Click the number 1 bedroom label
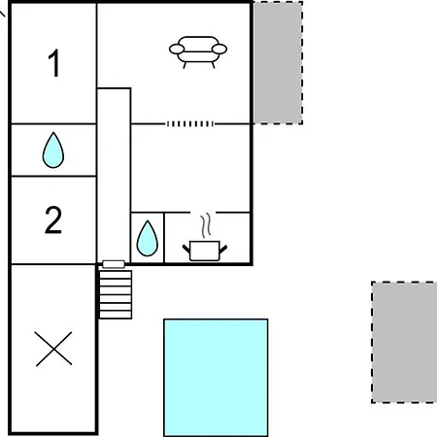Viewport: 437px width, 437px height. (54, 63)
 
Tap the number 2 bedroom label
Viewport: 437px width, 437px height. (53, 219)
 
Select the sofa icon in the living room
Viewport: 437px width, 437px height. (198, 51)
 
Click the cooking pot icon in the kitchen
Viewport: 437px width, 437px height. (205, 251)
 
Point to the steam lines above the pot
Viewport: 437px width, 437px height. (207, 224)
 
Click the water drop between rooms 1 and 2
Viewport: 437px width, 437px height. (53, 150)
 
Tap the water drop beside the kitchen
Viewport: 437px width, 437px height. (148, 238)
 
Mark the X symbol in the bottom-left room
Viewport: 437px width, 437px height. (53, 349)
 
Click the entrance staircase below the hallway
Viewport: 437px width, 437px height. (116, 294)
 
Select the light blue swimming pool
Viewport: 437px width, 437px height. (216, 378)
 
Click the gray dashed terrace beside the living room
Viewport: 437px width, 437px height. (278, 62)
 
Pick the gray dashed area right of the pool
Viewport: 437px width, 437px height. (404, 343)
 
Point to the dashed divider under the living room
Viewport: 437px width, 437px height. (190, 123)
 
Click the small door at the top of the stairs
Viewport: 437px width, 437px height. (114, 264)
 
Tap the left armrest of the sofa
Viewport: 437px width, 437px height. (177, 50)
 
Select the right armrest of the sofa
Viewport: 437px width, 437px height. (219, 50)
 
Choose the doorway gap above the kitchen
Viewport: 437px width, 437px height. (203, 213)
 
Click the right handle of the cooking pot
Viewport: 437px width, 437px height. (223, 250)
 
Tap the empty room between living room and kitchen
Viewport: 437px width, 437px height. (190, 168)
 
